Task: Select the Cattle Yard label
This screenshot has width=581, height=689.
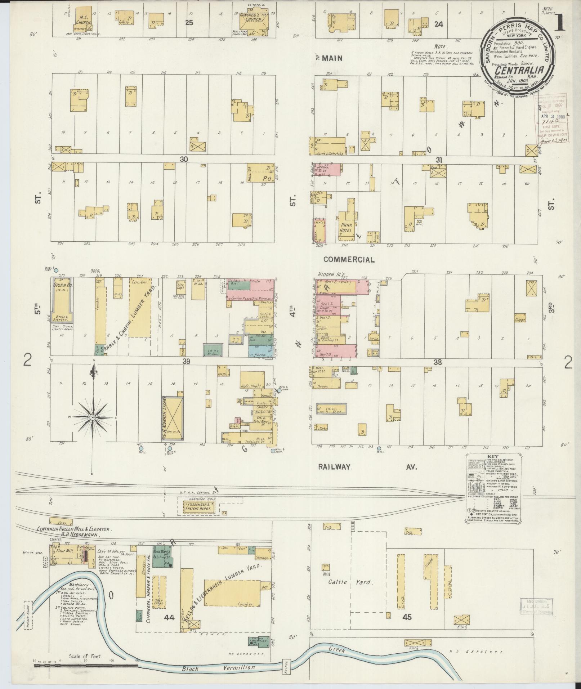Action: pos(350,582)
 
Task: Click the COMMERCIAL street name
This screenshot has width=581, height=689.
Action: pos(349,259)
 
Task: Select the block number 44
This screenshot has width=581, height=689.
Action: pos(169,617)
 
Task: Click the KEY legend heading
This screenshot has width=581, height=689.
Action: pos(492,456)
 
